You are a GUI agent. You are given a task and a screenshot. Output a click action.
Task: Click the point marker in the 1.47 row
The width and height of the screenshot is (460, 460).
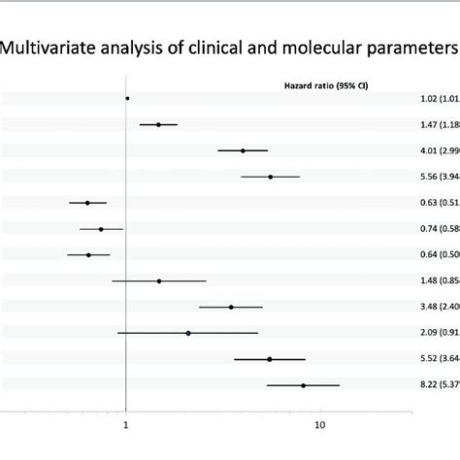(x=158, y=124)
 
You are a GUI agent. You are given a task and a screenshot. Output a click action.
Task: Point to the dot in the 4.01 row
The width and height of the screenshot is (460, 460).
(x=243, y=150)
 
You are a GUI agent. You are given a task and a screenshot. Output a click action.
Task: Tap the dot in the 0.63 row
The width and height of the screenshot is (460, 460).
(x=87, y=203)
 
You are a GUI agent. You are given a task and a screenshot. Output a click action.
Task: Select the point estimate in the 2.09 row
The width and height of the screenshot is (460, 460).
(x=188, y=333)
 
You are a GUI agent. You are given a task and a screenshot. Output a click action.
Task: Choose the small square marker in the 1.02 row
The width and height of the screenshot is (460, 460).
(x=127, y=98)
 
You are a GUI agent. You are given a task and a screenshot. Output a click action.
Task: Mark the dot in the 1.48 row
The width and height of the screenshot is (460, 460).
(x=159, y=280)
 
